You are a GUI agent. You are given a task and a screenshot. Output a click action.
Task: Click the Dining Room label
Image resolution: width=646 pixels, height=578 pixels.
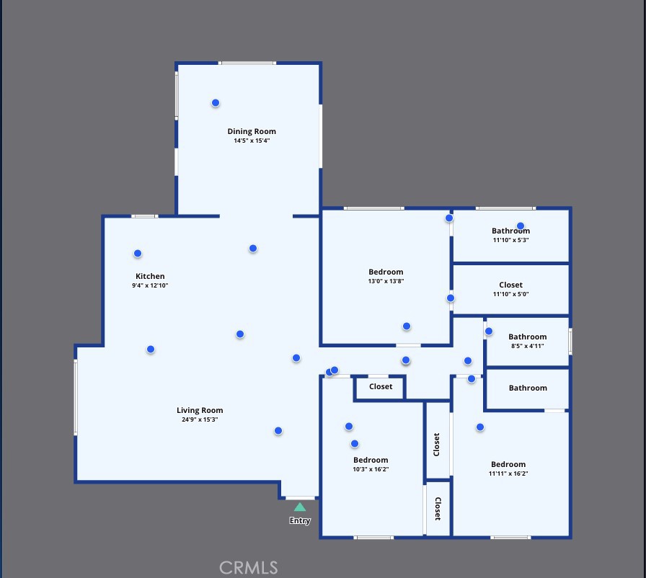coord(252,131)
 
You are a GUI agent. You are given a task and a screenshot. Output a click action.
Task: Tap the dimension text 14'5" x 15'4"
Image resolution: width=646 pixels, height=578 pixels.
coord(252,141)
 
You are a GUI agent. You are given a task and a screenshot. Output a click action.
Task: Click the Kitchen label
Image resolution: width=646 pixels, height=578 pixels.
coord(150,276)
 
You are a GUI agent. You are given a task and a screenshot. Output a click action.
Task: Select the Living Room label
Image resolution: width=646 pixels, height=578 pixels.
coord(200,411)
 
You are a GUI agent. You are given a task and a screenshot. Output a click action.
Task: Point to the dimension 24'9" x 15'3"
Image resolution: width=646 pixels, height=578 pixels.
coord(200,419)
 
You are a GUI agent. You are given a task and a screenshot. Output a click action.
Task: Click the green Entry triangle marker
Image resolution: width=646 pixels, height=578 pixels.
coord(300,507)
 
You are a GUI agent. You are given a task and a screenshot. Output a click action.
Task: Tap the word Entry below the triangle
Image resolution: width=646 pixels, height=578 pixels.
coord(300,521)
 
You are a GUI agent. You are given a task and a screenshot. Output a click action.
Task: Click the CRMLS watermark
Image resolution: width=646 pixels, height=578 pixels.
coord(249,568)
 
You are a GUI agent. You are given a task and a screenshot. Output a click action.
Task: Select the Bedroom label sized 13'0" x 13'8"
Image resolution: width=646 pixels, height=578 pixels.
coord(386,272)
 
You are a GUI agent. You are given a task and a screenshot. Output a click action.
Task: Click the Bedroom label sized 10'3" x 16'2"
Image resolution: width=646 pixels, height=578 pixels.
coord(371,461)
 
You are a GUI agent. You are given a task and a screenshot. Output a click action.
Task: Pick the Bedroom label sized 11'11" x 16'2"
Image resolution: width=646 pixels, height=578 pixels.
coord(508,464)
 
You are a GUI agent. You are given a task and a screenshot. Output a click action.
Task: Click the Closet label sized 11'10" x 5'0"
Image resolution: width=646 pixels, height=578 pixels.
coord(511,285)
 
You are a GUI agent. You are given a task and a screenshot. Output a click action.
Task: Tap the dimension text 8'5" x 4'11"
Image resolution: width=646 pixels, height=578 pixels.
coord(528,346)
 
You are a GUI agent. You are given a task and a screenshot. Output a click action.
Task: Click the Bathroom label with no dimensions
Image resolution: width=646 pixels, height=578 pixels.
coord(528,388)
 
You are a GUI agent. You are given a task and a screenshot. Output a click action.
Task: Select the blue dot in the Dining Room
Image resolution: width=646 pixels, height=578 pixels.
coord(216,103)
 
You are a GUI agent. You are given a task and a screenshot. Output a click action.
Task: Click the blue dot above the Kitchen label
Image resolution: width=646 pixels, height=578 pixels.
coord(138,254)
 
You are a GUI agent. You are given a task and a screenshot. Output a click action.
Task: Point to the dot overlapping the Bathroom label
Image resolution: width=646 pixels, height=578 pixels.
coord(521,226)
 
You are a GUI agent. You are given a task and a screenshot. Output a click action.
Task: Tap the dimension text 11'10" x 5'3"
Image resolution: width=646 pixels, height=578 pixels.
coord(511,240)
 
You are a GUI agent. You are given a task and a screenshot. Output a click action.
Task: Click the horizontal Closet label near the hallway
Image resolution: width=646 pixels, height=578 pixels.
coord(381,386)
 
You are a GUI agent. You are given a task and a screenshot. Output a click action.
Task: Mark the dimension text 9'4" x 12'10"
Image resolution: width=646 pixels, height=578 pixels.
coord(150,285)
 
